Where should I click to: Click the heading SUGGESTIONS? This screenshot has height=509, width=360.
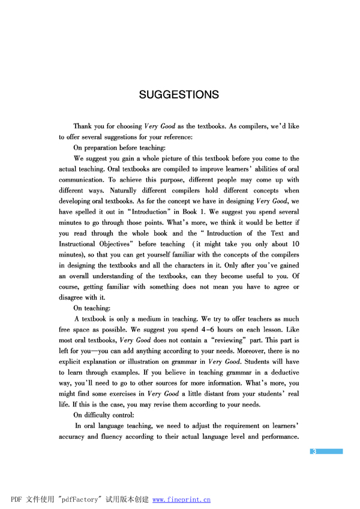pos(179,95)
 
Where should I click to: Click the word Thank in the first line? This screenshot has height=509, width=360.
pos(83,127)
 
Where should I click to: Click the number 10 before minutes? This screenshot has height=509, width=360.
pos(295,244)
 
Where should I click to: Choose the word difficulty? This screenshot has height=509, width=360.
pos(98,415)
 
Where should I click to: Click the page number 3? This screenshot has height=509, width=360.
pos(314,451)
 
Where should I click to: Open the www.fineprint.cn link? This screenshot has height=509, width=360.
pos(182,499)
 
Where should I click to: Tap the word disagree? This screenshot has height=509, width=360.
pos(73,297)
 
